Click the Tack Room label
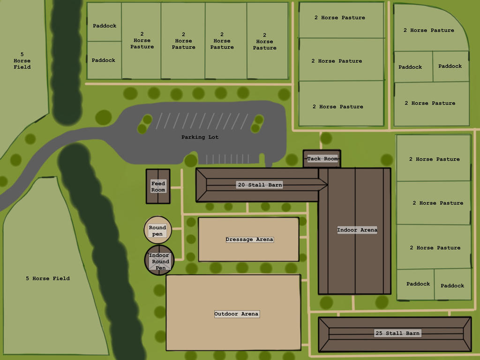pos(322,159)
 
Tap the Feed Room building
pos(158,187)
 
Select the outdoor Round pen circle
pos(157,230)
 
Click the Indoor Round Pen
pos(159,261)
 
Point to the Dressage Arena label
pos(249,240)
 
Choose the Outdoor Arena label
pos(236,314)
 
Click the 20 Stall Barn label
pos(260,185)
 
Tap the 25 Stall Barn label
pos(397,333)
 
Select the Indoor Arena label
pos(357,230)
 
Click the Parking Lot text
pos(200,137)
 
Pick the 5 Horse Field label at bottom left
pos(47,278)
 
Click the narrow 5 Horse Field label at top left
pos(22,60)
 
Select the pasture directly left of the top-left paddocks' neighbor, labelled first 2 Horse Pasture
pos(142,40)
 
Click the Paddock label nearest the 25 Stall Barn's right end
pos(452,286)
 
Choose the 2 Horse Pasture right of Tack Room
pos(434,159)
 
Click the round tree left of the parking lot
pos(103,117)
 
